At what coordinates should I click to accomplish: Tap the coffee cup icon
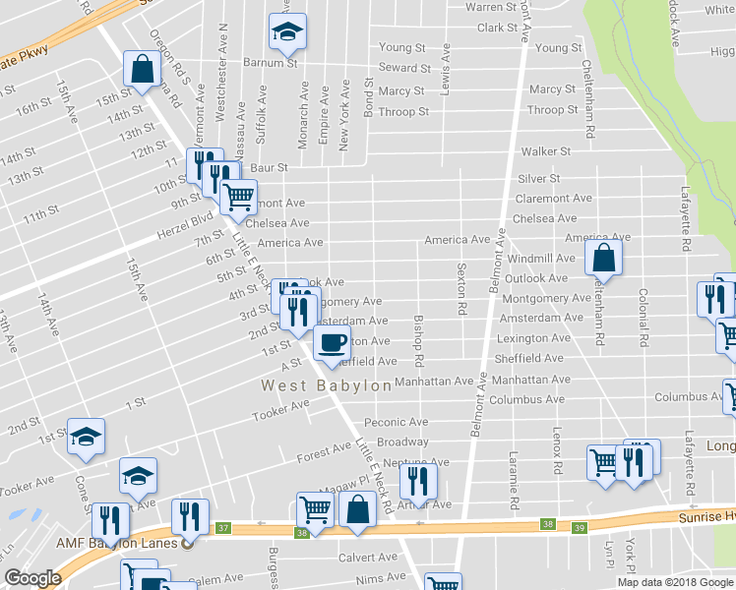click(x=332, y=343)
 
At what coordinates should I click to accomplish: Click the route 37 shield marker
click(x=223, y=528)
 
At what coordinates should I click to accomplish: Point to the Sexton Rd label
click(x=460, y=288)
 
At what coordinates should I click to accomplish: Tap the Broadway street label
click(x=402, y=442)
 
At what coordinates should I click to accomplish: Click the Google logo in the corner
click(x=32, y=578)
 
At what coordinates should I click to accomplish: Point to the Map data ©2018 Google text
click(x=675, y=582)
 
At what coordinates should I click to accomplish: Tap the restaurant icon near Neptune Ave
click(x=418, y=481)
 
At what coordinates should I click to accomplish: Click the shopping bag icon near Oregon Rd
click(x=143, y=70)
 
